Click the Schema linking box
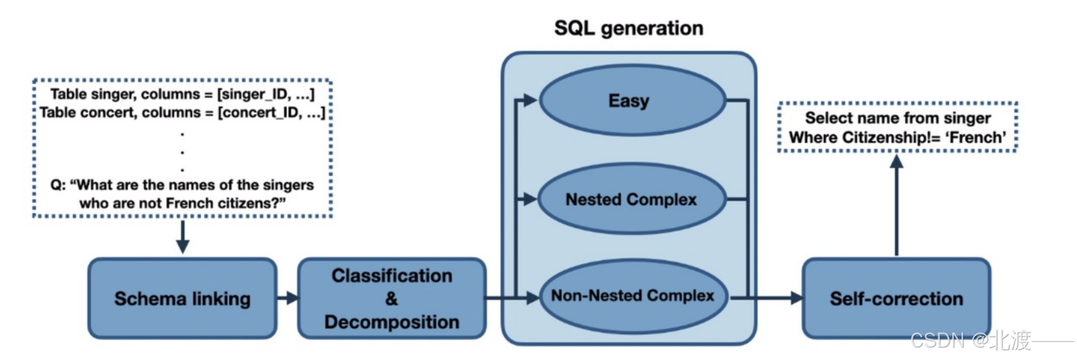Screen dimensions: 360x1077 183,299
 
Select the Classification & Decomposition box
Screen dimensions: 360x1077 392,299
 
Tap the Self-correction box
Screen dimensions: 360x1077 896,299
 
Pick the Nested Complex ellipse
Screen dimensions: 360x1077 631,200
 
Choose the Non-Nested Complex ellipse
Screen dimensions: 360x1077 632,296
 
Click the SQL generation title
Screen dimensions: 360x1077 628,28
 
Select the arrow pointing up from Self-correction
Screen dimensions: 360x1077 896,205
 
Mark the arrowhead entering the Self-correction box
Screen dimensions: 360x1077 796,298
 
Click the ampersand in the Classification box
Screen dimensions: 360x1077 391,299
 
